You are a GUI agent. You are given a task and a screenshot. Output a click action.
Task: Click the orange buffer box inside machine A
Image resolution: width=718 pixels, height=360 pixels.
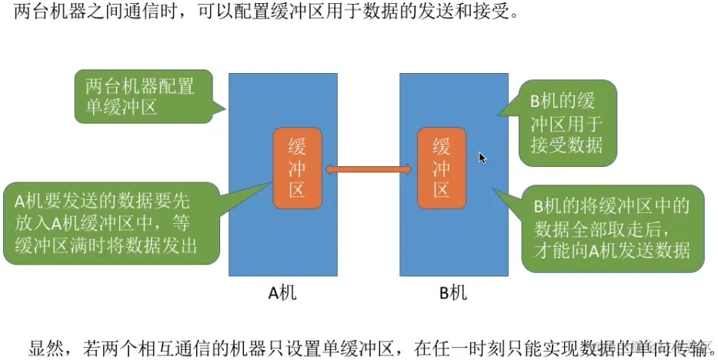tap(297, 168)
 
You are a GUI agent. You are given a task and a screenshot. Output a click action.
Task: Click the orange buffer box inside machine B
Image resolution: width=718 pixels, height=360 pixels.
tap(441, 168)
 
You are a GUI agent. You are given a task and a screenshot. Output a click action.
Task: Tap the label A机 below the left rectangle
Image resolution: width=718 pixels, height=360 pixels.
tap(282, 292)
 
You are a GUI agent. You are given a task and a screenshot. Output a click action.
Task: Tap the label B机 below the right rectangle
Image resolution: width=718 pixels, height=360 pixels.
tap(453, 292)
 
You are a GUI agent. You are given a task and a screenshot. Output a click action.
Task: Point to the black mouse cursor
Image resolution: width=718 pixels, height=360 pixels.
tap(483, 158)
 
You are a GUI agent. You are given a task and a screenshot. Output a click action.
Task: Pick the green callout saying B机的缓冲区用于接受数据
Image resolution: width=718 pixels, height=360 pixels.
tap(566, 123)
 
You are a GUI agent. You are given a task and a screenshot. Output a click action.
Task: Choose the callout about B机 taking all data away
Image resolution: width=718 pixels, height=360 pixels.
tap(611, 228)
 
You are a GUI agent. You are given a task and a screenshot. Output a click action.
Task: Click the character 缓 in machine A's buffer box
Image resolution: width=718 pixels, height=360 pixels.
tap(297, 146)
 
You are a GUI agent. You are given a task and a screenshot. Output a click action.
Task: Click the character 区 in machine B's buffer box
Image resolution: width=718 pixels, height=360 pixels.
tap(441, 189)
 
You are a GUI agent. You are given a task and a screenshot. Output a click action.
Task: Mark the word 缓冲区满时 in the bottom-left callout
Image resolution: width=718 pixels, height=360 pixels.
tap(58, 245)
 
